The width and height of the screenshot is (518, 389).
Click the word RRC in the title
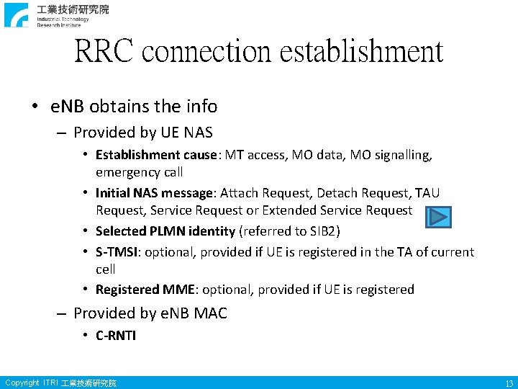tap(104, 51)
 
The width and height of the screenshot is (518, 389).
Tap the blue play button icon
tap(437, 216)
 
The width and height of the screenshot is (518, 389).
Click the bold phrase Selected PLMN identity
tap(165, 231)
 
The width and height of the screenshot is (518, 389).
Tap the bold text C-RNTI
tap(116, 335)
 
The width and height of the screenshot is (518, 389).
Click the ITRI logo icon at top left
tap(17, 14)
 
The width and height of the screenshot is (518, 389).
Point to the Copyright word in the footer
tap(22, 383)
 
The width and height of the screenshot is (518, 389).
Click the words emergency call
tap(139, 172)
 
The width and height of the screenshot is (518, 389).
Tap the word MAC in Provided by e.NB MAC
tap(212, 313)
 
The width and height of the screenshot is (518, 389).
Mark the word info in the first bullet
tap(201, 107)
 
